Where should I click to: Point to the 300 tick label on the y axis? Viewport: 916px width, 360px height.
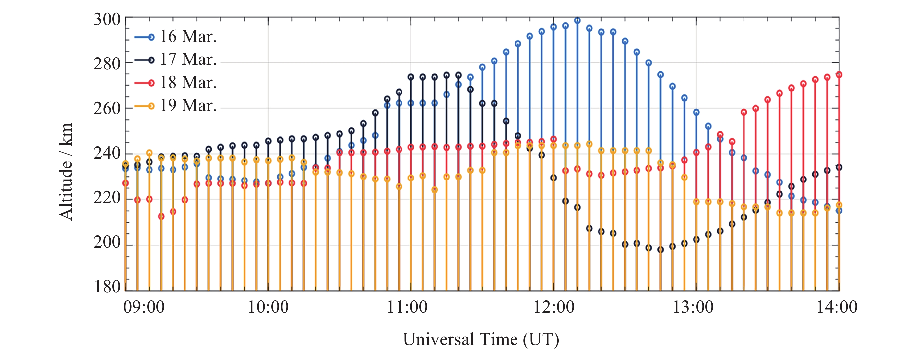pos(107,20)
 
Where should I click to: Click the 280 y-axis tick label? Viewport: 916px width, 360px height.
pos(107,64)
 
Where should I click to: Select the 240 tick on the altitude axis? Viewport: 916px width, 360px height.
pos(107,154)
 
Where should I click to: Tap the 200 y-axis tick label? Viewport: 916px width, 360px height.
pos(107,243)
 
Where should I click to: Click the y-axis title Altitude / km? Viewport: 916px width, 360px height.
pos(66,172)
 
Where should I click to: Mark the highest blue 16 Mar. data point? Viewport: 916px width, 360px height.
pos(577,21)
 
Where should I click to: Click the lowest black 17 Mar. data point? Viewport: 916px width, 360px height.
pos(660,250)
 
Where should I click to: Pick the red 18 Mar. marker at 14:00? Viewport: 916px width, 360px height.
pos(839,75)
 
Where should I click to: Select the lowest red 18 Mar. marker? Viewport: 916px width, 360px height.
pos(161,217)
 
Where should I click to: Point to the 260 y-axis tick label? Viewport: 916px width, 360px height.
pos(107,109)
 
